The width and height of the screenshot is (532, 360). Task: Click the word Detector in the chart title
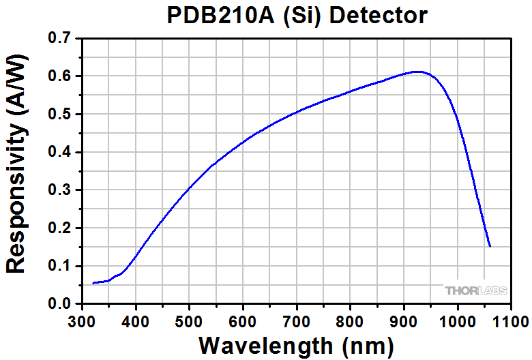tap(376, 15)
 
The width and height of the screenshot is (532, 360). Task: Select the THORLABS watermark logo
tap(476, 291)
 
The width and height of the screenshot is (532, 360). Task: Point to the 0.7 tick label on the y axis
tap(61, 38)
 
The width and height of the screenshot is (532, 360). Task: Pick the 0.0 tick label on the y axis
tap(61, 304)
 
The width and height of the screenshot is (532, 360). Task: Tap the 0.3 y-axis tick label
tap(61, 190)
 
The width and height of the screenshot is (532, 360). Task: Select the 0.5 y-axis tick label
tap(61, 114)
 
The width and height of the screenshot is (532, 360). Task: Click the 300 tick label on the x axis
tap(82, 320)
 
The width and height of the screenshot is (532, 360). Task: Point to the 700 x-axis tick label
tap(297, 320)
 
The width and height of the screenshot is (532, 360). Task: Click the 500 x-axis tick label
tap(189, 320)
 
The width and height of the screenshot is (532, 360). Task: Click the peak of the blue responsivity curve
tap(418, 72)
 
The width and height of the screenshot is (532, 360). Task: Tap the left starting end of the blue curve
tap(93, 283)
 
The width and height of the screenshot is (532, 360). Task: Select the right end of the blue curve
tap(490, 246)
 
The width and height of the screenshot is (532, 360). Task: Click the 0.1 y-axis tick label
tap(61, 266)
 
